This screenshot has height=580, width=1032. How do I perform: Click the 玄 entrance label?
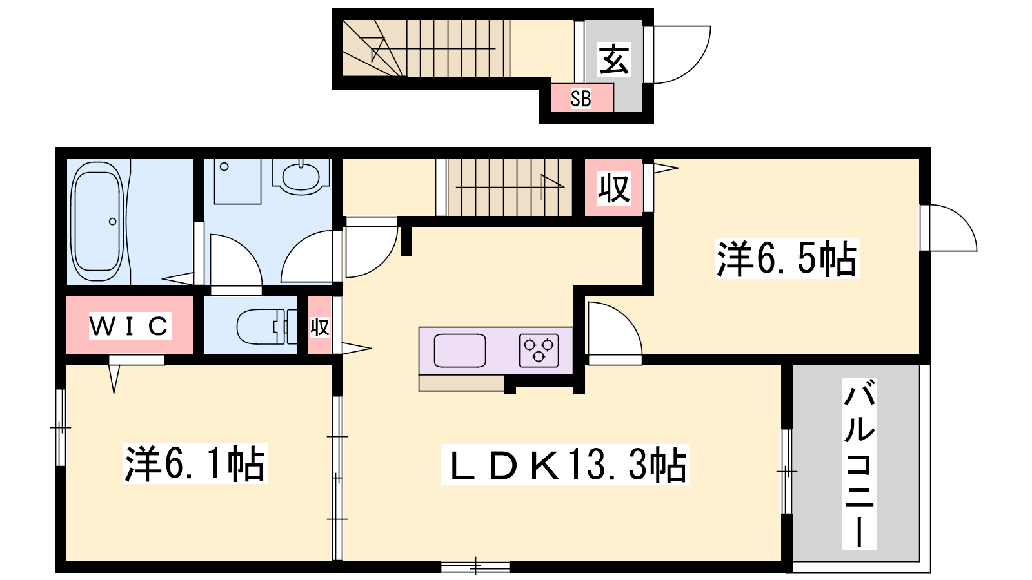pyautogui.click(x=613, y=59)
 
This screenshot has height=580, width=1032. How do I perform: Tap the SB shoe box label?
pyautogui.click(x=580, y=99)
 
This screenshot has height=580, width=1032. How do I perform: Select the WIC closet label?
pyautogui.click(x=130, y=326)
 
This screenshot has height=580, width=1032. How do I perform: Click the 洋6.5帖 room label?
pyautogui.click(x=787, y=258)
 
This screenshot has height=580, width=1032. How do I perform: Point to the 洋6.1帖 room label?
pyautogui.click(x=195, y=463)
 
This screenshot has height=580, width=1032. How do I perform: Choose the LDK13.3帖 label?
pyautogui.click(x=565, y=465)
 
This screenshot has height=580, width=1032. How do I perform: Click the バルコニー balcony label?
pyautogui.click(x=858, y=464)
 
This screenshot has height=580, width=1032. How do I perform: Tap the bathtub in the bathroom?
pyautogui.click(x=97, y=222)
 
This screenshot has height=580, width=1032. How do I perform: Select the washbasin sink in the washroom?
pyautogui.click(x=301, y=175)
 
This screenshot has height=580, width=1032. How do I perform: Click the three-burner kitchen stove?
pyautogui.click(x=539, y=351)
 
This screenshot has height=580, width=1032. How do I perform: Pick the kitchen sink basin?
pyautogui.click(x=460, y=351)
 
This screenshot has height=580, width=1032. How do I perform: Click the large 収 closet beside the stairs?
pyautogui.click(x=613, y=188)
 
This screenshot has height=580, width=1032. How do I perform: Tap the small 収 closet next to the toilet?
pyautogui.click(x=320, y=326)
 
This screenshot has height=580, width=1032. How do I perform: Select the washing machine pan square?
pyautogui.click(x=238, y=181)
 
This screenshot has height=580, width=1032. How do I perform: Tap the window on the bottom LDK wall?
pyautogui.click(x=475, y=567)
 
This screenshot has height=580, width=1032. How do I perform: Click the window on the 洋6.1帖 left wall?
pyautogui.click(x=61, y=428)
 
